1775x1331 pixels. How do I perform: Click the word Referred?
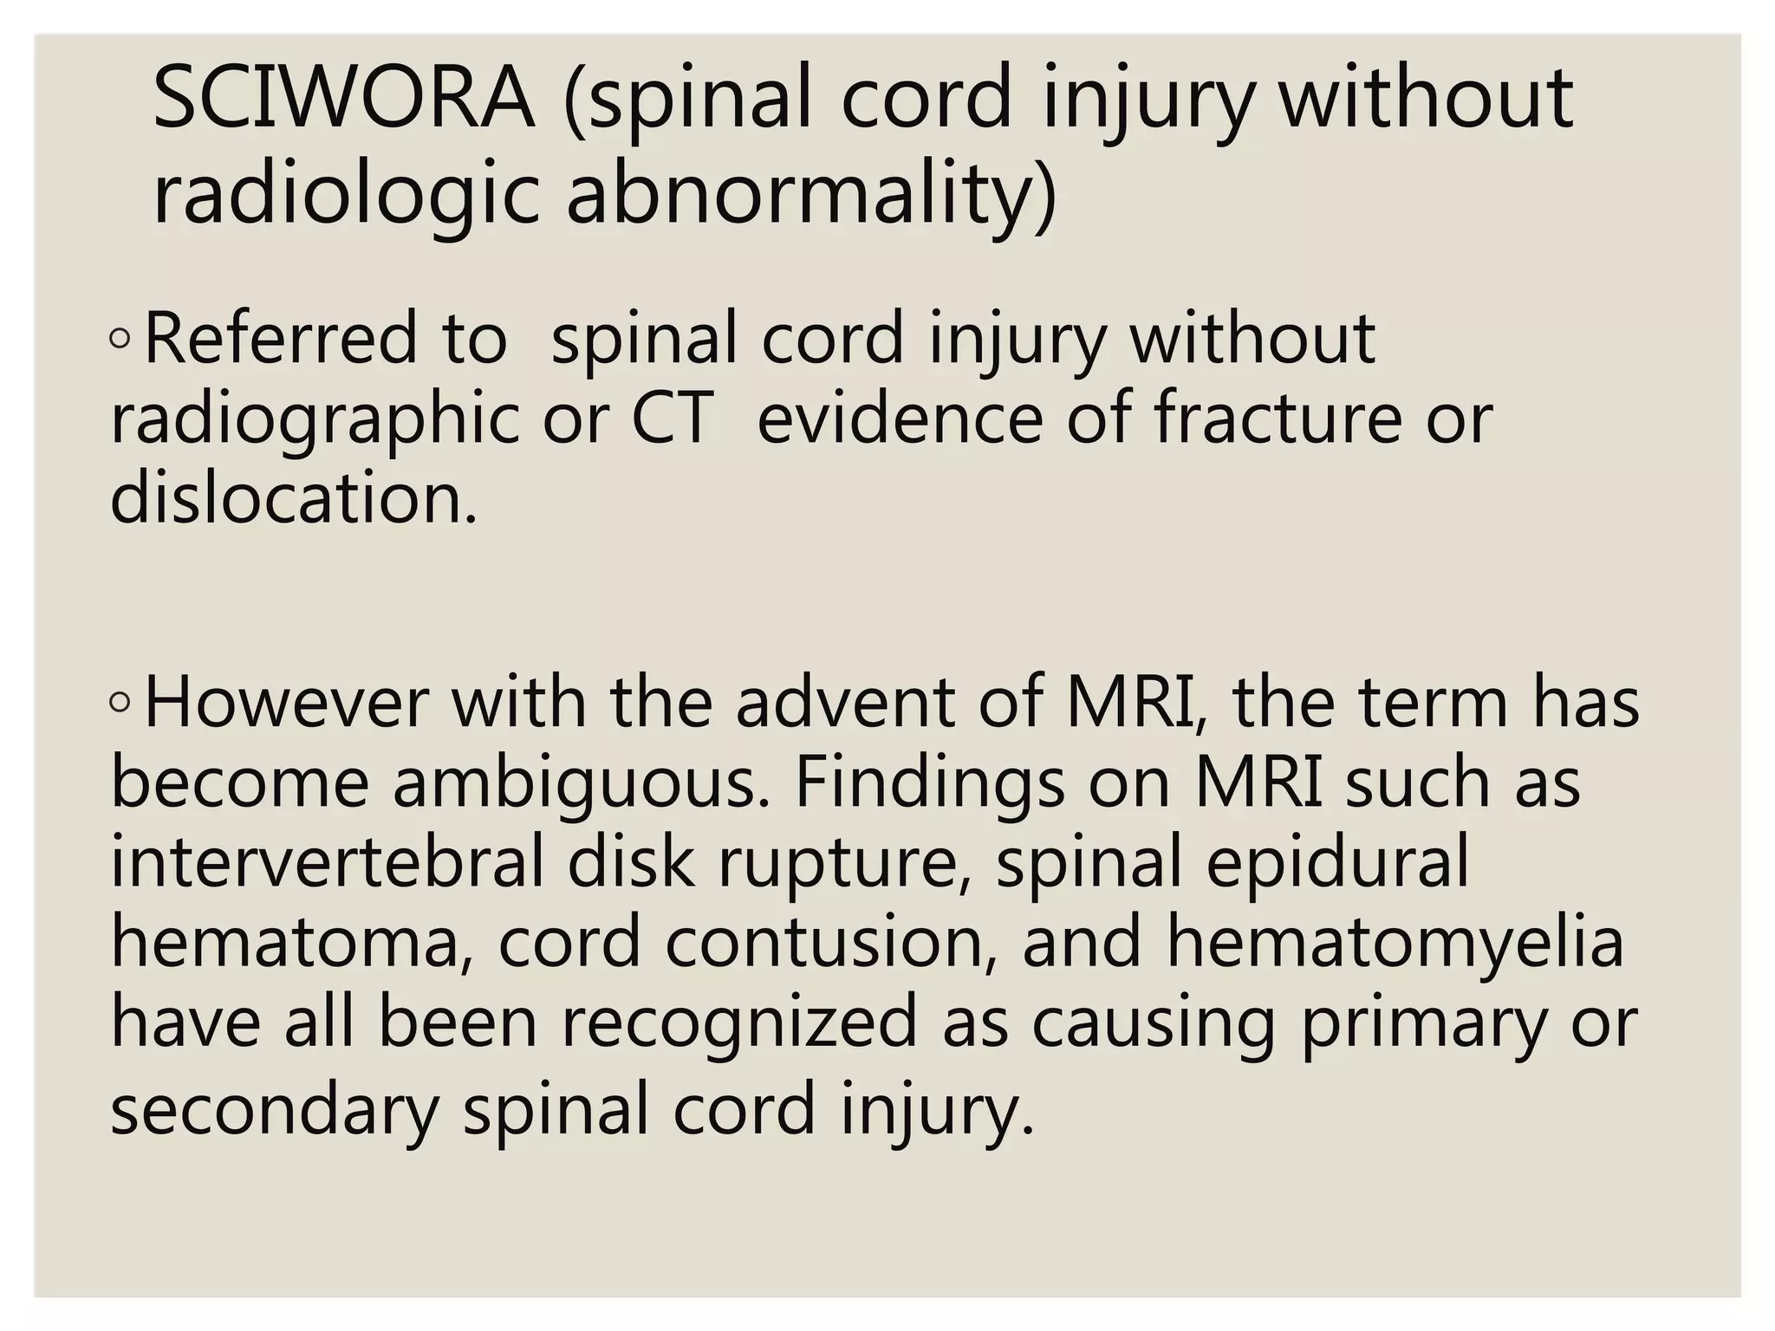[x=281, y=338]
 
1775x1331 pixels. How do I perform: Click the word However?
[x=286, y=702]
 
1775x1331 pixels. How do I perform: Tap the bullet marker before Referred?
[x=120, y=340]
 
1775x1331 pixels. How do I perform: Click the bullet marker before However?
[x=120, y=704]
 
